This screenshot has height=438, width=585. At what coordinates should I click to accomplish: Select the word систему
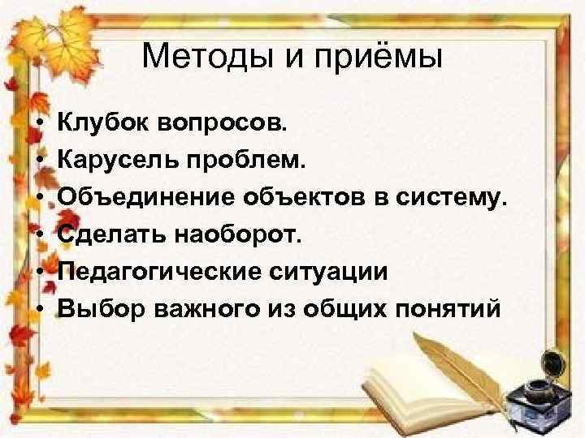tap(446, 196)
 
